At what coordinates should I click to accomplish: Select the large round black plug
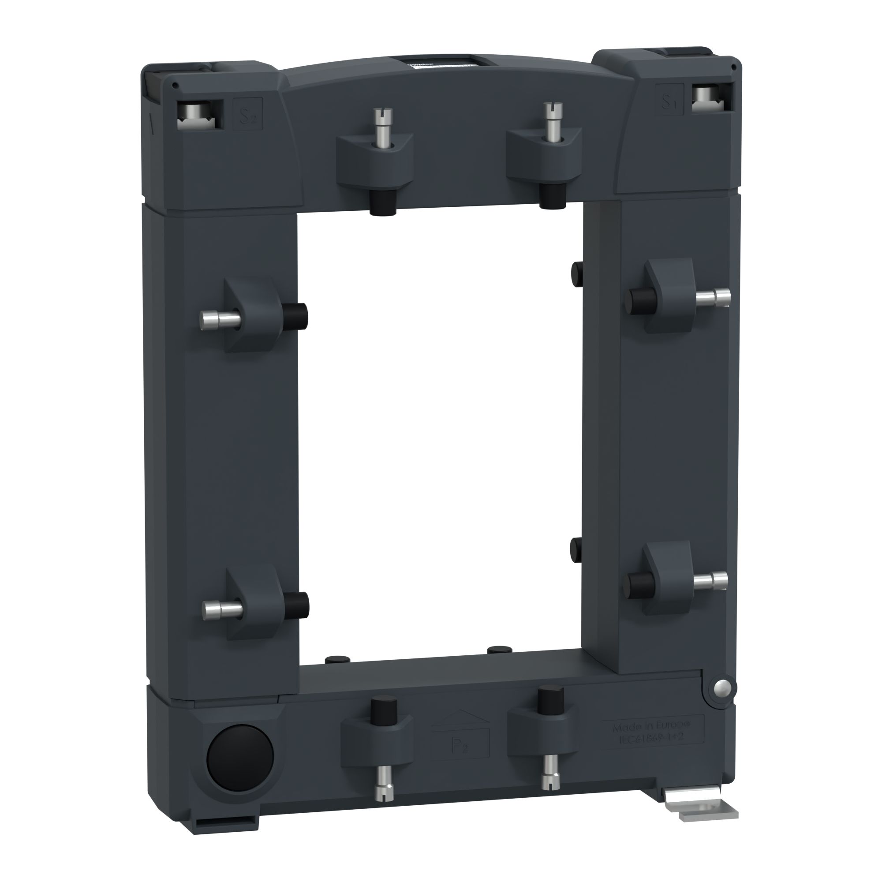(240, 752)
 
